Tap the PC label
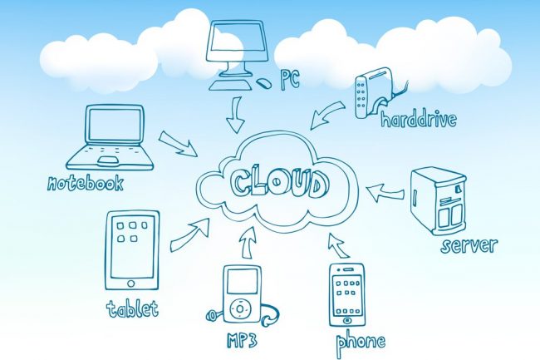[290, 80]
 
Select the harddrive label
[419, 119]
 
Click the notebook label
[85, 183]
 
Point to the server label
[469, 245]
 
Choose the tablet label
[132, 308]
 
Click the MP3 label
[242, 340]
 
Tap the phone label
[361, 343]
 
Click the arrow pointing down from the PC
[236, 115]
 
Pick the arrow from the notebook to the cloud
[178, 143]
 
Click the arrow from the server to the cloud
[385, 193]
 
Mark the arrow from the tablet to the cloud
[190, 235]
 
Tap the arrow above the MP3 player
[248, 243]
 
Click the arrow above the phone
[339, 245]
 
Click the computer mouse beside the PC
[264, 83]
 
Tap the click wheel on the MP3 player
[240, 307]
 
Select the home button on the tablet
[131, 284]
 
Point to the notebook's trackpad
[108, 160]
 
